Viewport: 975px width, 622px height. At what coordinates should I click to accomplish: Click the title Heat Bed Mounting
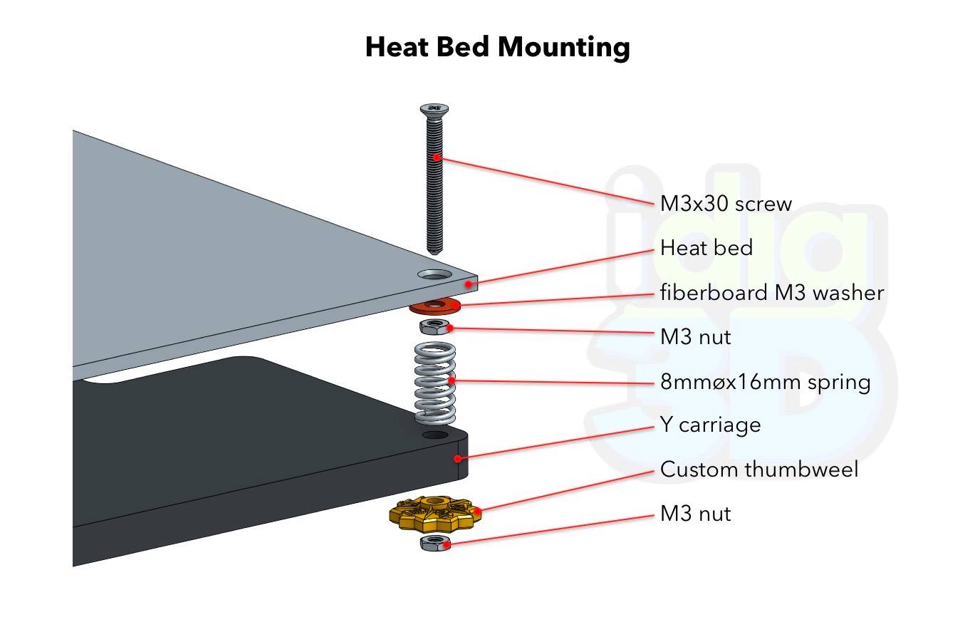click(x=498, y=47)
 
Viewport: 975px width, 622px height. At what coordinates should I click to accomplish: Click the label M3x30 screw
click(x=726, y=204)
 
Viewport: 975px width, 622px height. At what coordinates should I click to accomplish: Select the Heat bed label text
click(x=706, y=248)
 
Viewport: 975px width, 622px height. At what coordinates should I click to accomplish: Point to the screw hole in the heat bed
click(x=435, y=274)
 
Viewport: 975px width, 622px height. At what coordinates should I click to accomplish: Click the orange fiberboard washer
click(x=435, y=306)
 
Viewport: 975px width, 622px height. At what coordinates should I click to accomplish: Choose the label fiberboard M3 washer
click(x=772, y=292)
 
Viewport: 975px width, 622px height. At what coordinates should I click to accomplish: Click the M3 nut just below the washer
click(x=434, y=327)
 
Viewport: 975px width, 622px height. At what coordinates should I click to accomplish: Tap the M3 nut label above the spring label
click(x=695, y=337)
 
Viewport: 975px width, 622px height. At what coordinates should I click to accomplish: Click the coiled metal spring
click(x=435, y=383)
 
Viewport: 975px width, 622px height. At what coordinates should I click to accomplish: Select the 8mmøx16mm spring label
click(x=765, y=382)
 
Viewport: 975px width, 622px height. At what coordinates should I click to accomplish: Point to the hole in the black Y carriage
click(x=435, y=435)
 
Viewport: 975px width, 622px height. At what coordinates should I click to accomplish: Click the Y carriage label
click(x=710, y=425)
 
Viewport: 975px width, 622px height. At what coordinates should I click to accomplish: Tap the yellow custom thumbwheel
click(x=435, y=514)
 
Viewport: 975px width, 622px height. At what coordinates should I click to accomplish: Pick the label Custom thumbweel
click(x=759, y=470)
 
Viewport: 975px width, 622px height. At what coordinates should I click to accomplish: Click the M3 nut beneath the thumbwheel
click(x=435, y=544)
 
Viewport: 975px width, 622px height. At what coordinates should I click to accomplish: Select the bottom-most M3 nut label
click(x=695, y=514)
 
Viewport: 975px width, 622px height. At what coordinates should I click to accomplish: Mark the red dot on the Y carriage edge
click(x=457, y=458)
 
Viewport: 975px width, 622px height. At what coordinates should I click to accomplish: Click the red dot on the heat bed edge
click(x=469, y=284)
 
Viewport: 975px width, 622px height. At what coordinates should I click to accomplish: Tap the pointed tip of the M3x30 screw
click(x=434, y=253)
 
